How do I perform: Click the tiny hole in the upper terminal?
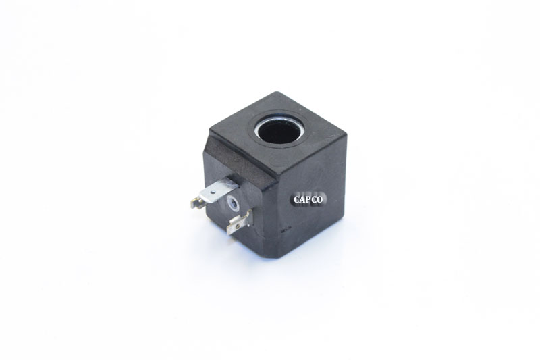[x=213, y=189]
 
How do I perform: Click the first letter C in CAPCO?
[x=297, y=199]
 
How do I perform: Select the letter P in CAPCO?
[x=308, y=199]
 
